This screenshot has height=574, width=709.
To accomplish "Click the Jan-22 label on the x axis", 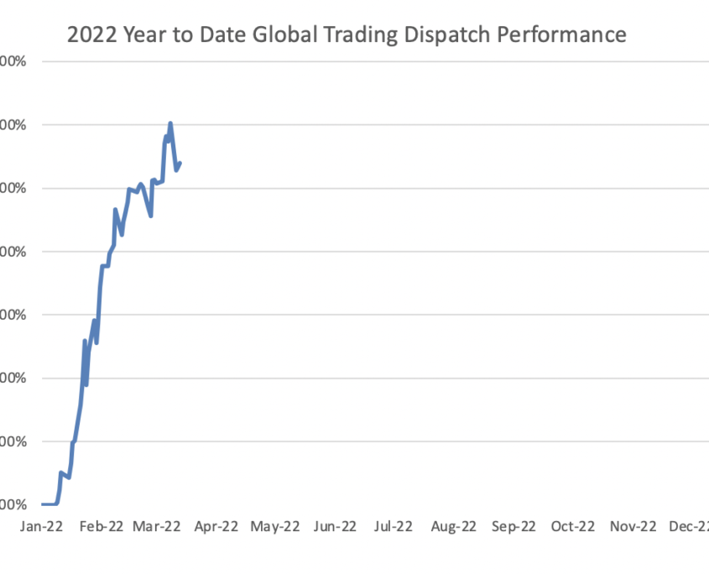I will point(41,526).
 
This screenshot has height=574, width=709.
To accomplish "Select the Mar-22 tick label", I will point(157,526).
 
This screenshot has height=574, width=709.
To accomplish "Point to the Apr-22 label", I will point(216,526).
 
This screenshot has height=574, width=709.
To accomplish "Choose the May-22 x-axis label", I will point(275,526).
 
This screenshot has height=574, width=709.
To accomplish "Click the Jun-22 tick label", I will point(335,526).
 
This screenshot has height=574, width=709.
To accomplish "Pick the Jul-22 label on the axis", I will point(394,526).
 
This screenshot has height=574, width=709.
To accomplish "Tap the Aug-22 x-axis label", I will point(453,526).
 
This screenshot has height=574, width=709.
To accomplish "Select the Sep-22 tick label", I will point(513,526).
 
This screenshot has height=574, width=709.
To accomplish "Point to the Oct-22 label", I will point(572,526).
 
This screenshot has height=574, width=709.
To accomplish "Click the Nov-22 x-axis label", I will point(632,526).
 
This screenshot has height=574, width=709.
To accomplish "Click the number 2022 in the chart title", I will point(86,35).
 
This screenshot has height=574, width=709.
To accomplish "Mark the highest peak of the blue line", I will point(170,123).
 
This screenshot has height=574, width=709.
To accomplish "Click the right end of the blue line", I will point(180,163).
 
